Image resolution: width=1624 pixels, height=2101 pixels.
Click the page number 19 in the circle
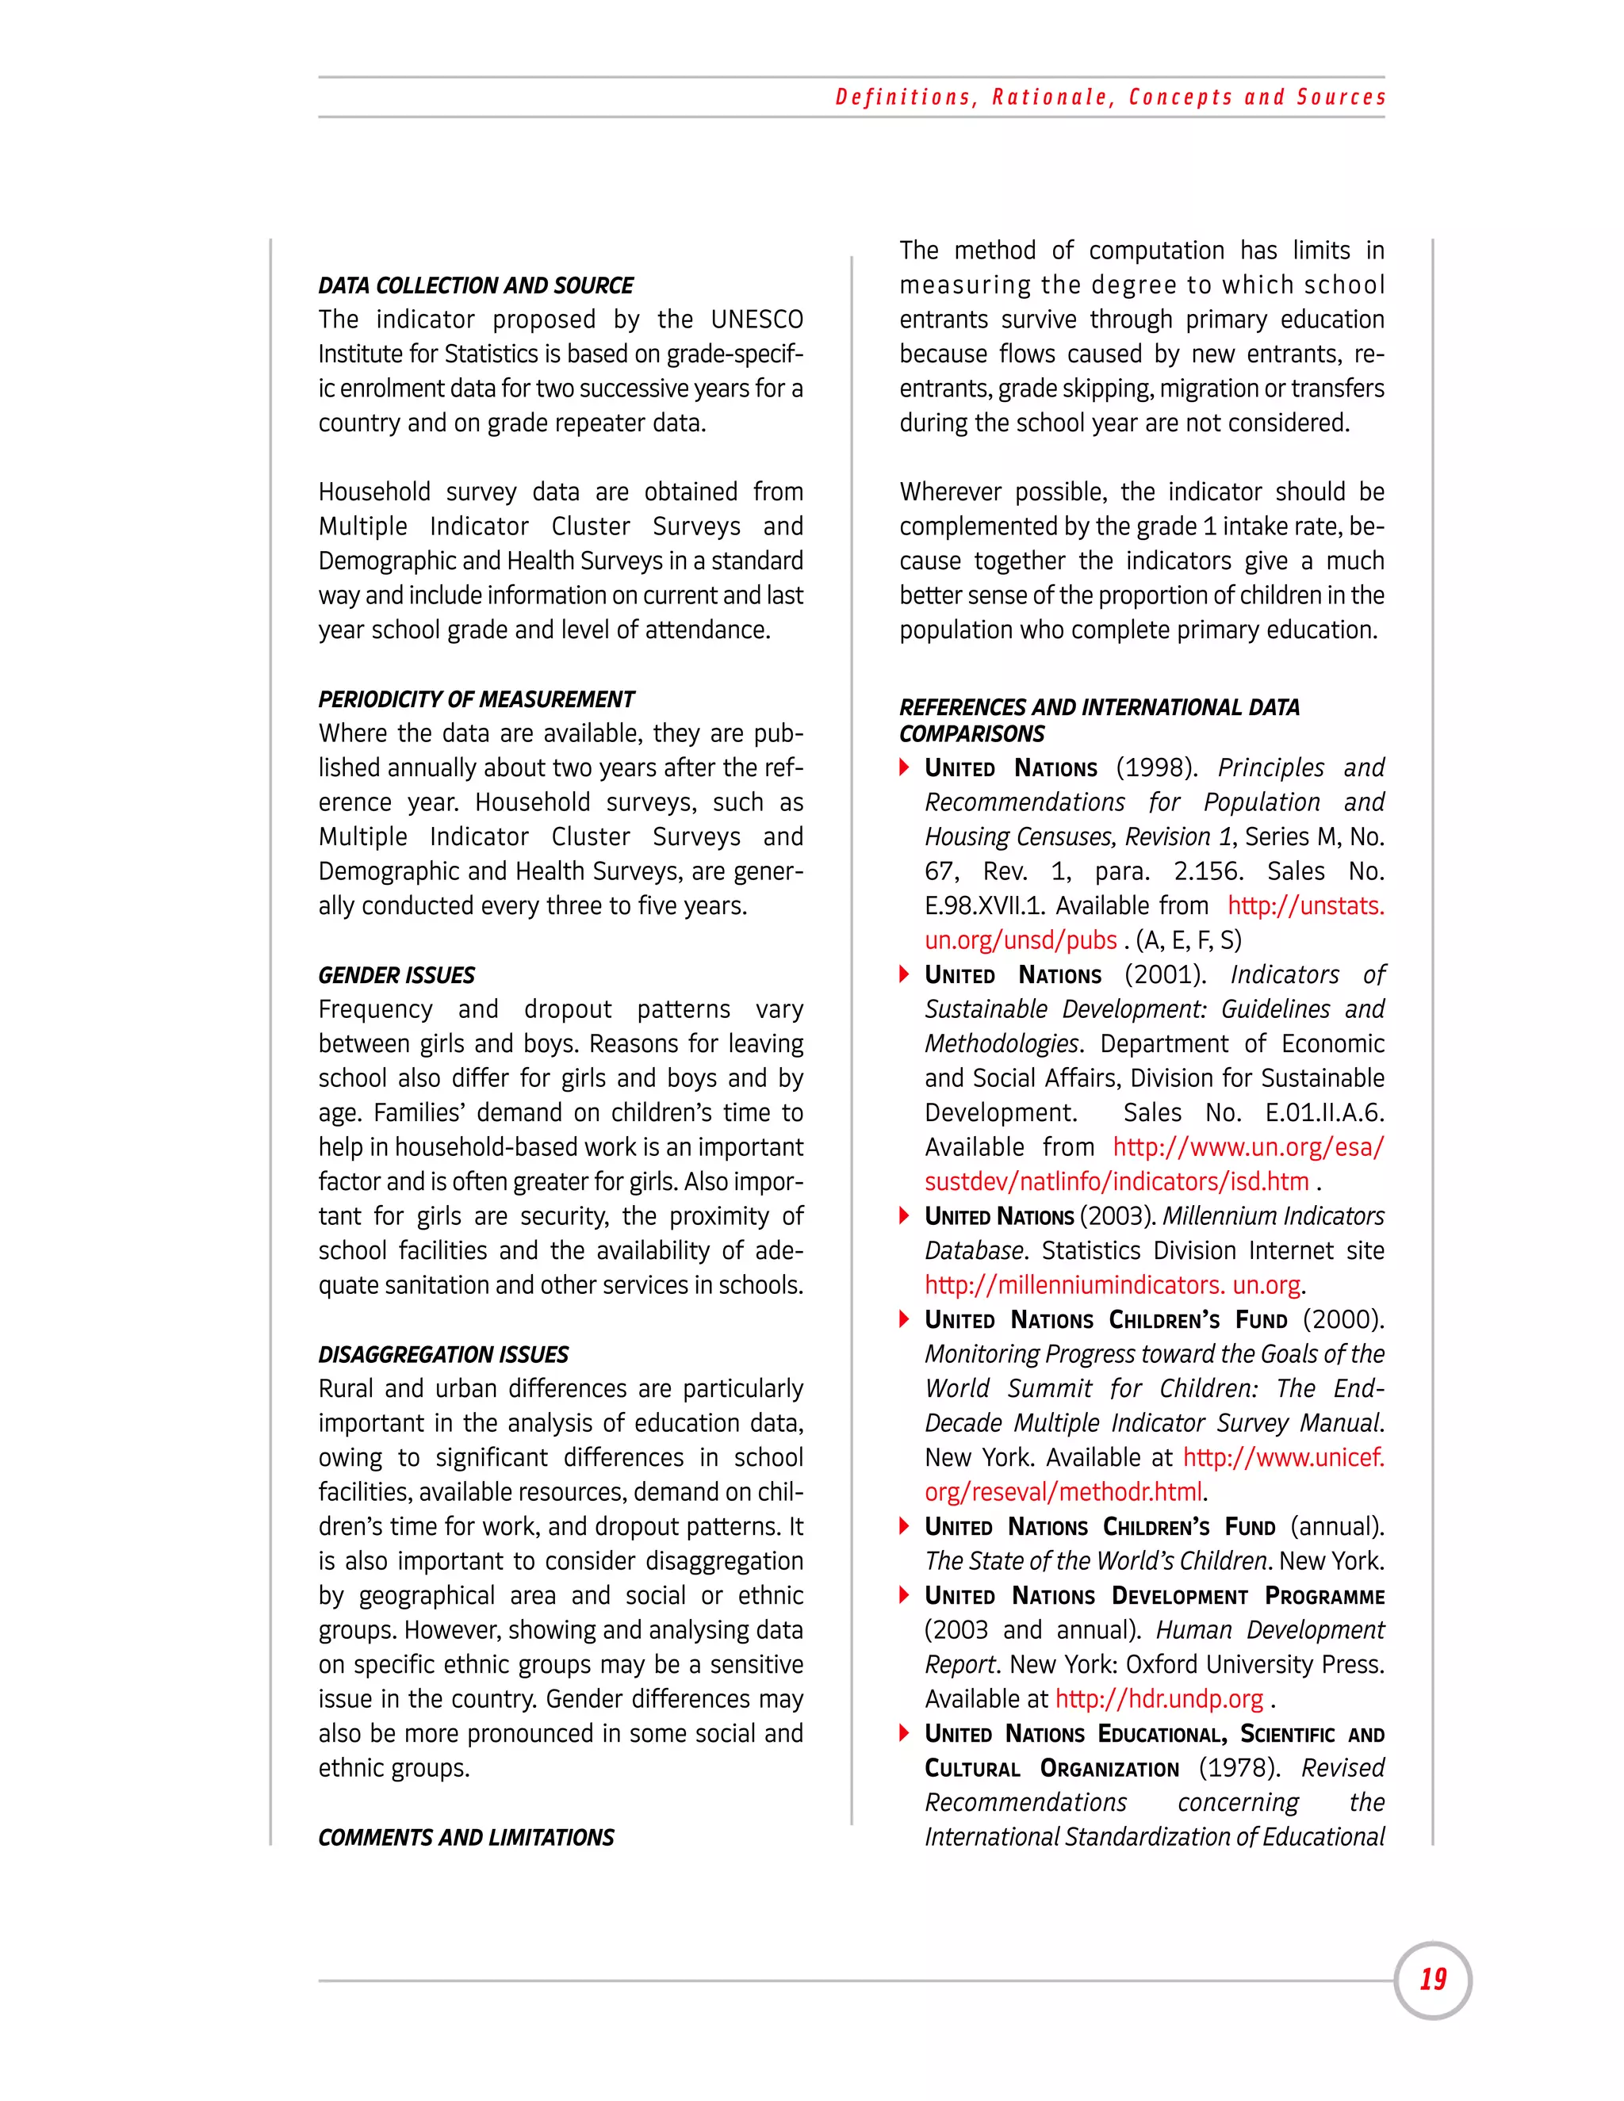click(x=1433, y=1980)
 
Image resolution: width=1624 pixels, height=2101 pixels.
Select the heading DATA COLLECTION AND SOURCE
click(x=475, y=285)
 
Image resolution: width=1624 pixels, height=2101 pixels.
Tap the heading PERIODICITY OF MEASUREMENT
click(x=477, y=699)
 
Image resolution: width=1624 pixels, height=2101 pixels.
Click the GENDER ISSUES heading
click(x=396, y=975)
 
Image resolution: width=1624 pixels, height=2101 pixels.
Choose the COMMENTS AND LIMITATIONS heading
click(x=465, y=1838)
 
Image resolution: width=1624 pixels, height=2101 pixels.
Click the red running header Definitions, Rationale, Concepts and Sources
click(x=1110, y=98)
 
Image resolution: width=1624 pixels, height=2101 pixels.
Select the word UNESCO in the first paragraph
click(x=756, y=320)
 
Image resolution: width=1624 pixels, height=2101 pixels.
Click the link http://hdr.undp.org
click(x=1159, y=1699)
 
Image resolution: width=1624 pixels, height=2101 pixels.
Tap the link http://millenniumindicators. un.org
click(x=1113, y=1285)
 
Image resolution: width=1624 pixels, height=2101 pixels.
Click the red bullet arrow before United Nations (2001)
click(x=904, y=974)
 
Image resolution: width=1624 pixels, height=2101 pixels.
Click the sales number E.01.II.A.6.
click(x=1323, y=1113)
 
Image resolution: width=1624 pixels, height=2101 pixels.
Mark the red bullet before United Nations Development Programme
click(x=904, y=1595)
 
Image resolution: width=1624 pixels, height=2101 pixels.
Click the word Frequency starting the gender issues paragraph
click(x=375, y=1009)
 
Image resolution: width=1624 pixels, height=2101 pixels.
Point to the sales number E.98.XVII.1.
click(x=984, y=906)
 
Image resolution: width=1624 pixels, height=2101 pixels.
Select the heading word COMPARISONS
click(x=971, y=734)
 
